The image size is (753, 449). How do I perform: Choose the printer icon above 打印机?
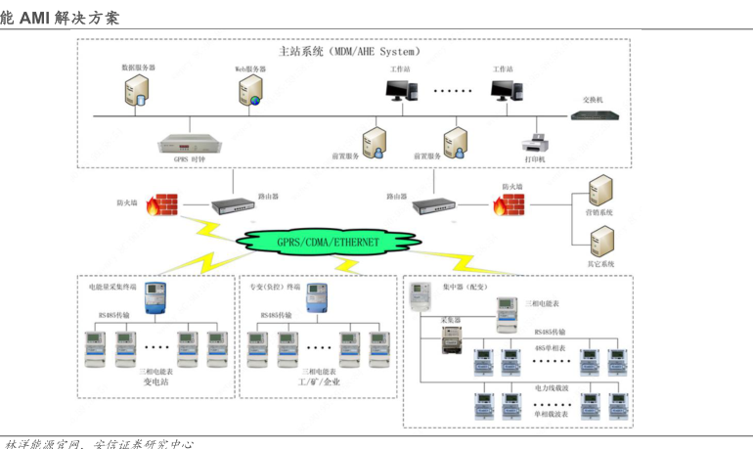point(536,141)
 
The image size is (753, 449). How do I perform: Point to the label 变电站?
point(157,382)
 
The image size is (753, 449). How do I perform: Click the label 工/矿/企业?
point(320,382)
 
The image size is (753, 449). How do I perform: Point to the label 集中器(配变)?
point(465,288)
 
